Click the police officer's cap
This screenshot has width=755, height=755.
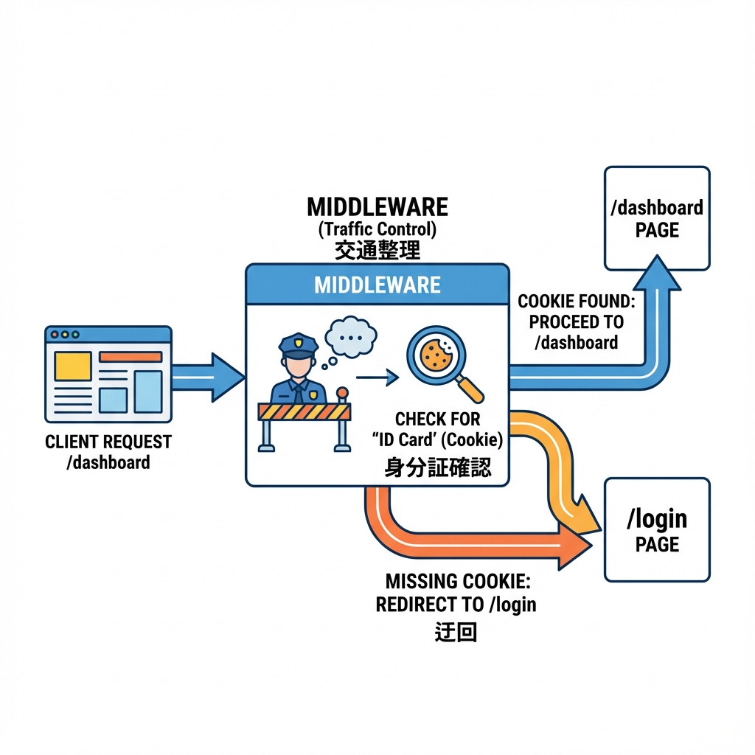click(299, 343)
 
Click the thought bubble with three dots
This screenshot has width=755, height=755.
click(351, 337)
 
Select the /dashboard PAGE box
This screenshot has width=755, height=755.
click(657, 218)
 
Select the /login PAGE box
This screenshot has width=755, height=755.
click(657, 529)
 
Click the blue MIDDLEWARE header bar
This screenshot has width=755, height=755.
click(377, 284)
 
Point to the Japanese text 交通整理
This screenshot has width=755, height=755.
click(377, 251)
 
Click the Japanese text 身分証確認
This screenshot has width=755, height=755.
click(437, 468)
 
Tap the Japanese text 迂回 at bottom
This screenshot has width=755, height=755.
click(456, 633)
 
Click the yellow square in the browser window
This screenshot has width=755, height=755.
click(73, 366)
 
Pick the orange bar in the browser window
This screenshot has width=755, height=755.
click(131, 357)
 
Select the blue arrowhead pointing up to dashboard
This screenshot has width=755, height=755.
click(656, 273)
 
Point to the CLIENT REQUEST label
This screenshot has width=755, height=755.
click(108, 442)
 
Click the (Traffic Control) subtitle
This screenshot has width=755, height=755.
click(377, 229)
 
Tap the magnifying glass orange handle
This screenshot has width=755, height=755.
click(470, 388)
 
